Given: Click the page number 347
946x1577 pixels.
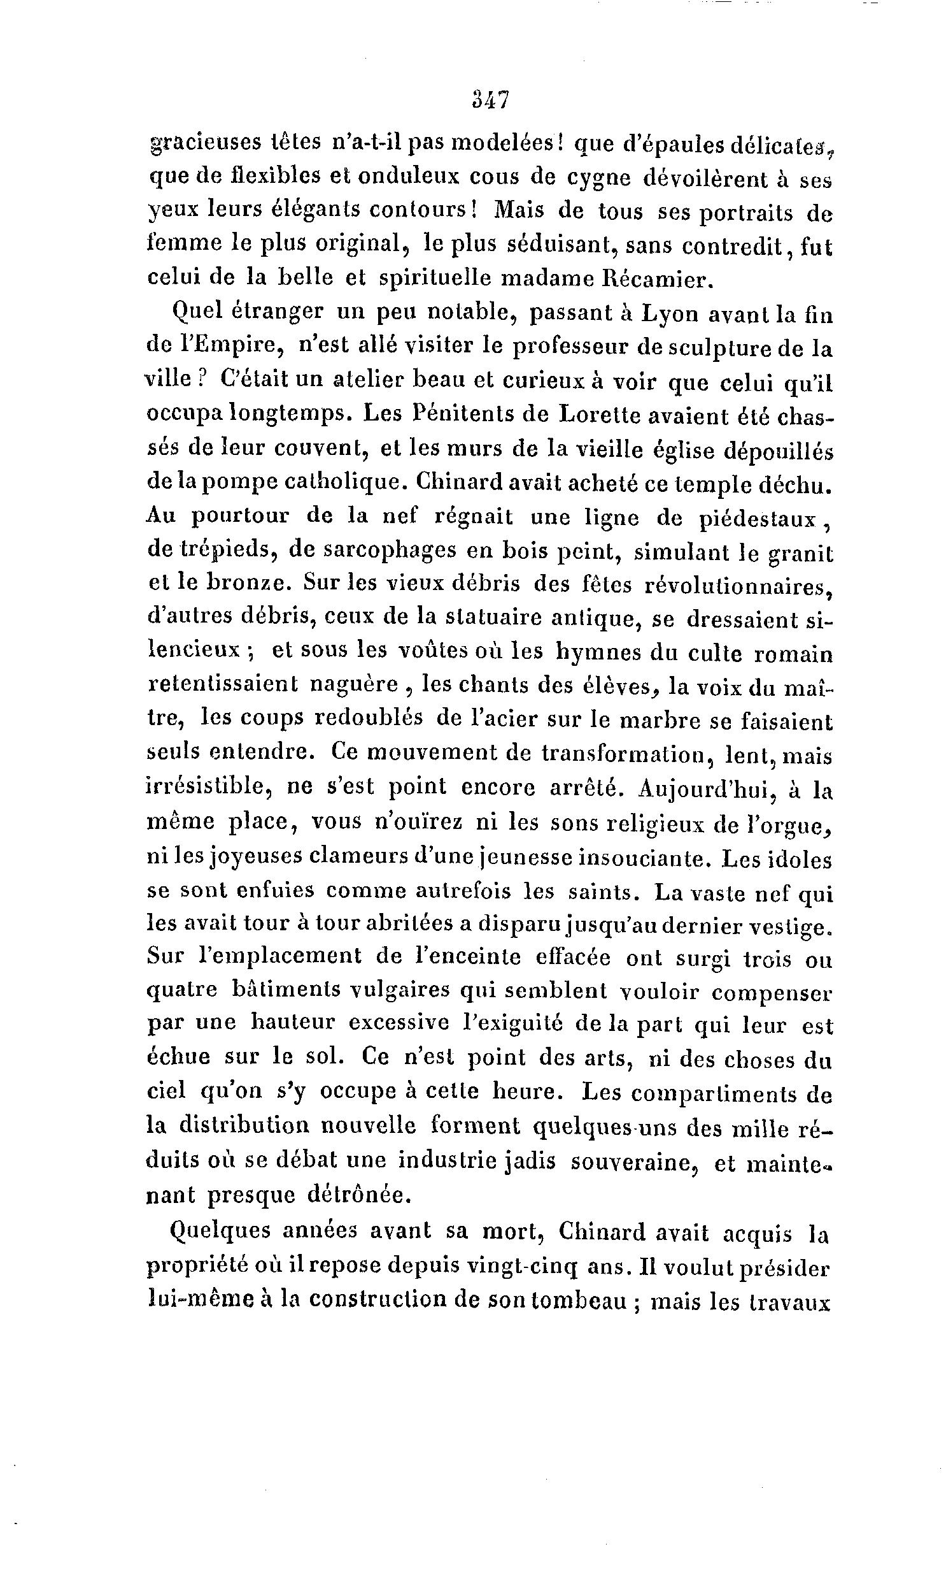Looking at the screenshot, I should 490,100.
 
